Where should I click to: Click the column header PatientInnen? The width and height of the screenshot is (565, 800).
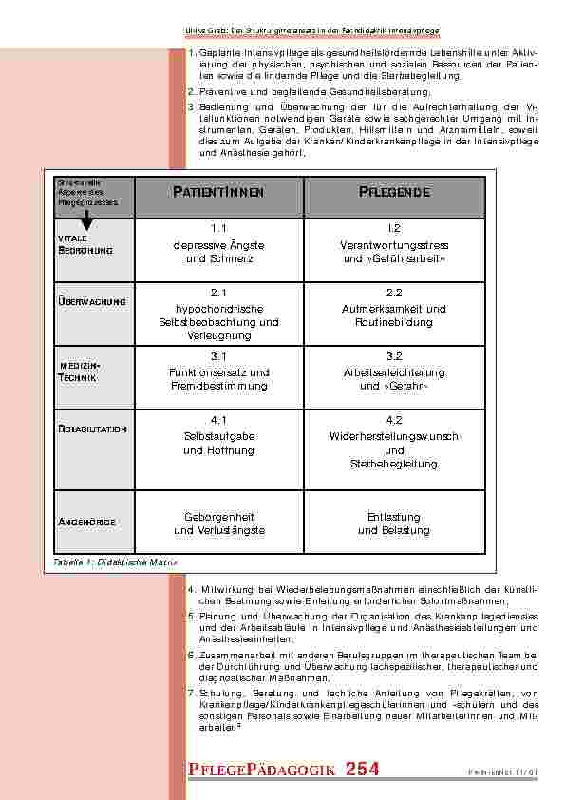point(218,194)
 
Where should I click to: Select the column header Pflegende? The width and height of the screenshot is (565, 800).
point(395,194)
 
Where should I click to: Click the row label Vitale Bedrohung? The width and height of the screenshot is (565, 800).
point(86,244)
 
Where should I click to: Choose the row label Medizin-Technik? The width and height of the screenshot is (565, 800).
point(85,371)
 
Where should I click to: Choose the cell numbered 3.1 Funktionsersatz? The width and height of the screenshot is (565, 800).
point(218,371)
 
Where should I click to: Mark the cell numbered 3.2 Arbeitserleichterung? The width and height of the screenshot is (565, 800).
point(394,371)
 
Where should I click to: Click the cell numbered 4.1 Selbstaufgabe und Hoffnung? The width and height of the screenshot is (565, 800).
point(218,435)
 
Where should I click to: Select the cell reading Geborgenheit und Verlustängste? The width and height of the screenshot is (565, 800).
point(218,523)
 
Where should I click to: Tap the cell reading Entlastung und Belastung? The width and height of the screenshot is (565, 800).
point(394,523)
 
